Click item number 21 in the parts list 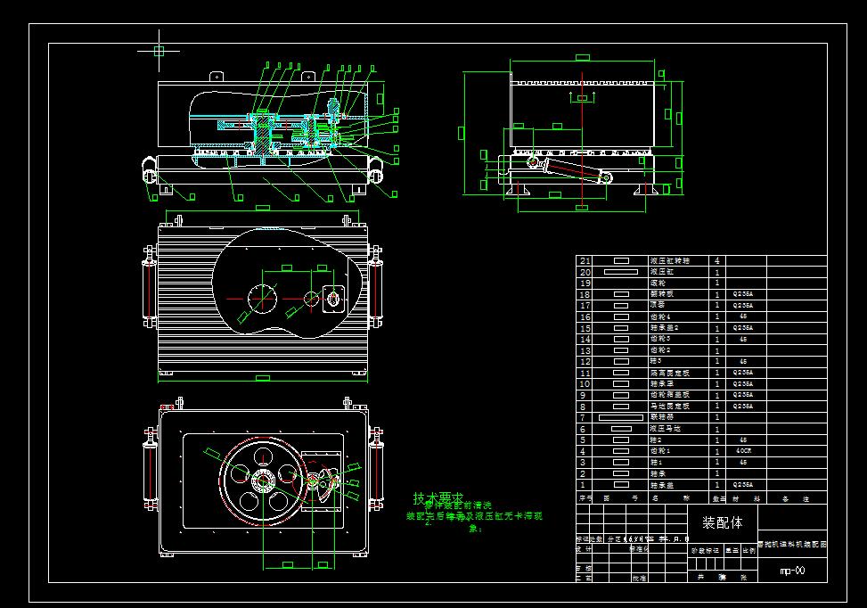pos(585,260)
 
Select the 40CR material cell pos(741,451)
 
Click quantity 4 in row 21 pos(717,260)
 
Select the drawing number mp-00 pos(792,571)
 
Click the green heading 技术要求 pos(438,497)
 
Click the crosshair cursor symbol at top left pos(159,51)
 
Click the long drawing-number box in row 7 pos(621,417)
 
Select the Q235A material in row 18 pos(741,293)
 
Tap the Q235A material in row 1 pos(741,486)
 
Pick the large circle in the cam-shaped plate pos(264,297)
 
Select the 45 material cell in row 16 pos(741,316)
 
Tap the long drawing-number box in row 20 pos(621,271)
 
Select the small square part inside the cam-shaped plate pos(336,299)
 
